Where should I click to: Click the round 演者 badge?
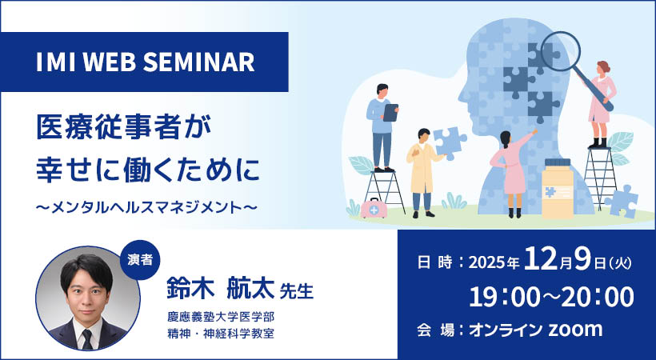click(142, 261)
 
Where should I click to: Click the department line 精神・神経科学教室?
click(221, 333)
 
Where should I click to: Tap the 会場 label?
click(434, 330)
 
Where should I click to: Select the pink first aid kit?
click(371, 209)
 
